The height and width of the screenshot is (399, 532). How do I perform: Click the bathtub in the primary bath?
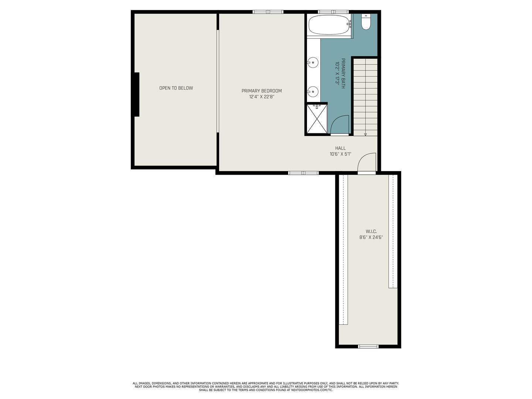pos(328,25)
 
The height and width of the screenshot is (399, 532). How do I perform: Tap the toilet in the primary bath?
pos(366,22)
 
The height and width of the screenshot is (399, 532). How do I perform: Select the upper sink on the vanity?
pos(313,63)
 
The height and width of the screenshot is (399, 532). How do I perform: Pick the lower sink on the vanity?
pos(313,91)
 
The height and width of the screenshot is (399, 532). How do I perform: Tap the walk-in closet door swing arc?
pos(367,163)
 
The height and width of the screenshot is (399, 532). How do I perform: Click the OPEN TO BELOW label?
pos(176,88)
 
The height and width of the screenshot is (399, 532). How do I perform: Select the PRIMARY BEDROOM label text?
pos(262,91)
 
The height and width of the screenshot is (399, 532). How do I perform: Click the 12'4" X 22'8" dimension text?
pos(262,97)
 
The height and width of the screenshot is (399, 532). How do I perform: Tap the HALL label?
pos(340,148)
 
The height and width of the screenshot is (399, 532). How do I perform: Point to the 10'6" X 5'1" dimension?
pos(340,154)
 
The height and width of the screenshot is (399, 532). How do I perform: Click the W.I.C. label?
pos(371,231)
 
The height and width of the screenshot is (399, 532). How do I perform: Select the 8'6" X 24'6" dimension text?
pos(371,238)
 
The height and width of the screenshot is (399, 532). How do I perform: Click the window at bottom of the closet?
pos(368,347)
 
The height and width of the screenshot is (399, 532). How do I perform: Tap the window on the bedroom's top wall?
pos(268,12)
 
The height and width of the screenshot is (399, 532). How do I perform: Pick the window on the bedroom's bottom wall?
pos(303,173)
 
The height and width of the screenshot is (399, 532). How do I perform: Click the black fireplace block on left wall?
pos(137,95)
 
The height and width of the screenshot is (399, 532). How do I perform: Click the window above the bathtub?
pos(334,12)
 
